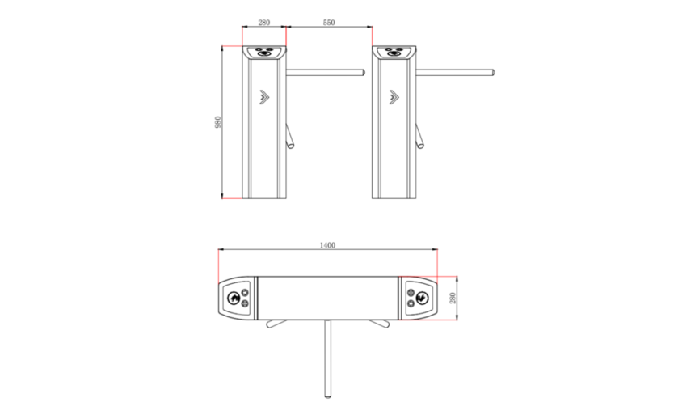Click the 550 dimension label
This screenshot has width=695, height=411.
(x=329, y=23)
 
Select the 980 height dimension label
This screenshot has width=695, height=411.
(x=217, y=122)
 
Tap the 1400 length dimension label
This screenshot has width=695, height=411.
(x=327, y=245)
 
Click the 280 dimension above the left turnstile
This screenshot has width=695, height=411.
(x=263, y=23)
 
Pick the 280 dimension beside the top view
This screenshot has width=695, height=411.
(x=453, y=298)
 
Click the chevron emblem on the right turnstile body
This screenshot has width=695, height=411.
(x=394, y=98)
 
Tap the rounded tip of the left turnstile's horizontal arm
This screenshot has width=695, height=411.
(x=364, y=72)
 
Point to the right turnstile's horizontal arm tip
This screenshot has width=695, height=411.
(x=493, y=72)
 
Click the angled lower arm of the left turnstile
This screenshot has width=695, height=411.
(x=290, y=136)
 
